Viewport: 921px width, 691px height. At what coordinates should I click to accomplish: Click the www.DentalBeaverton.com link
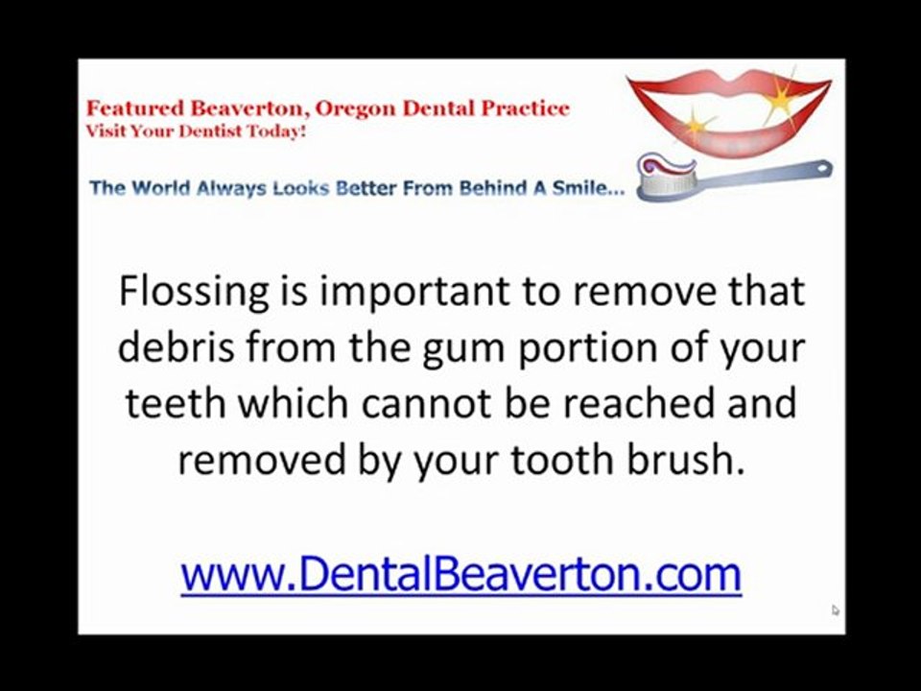[460, 574]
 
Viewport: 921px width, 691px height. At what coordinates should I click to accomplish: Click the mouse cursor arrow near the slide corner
[835, 609]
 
